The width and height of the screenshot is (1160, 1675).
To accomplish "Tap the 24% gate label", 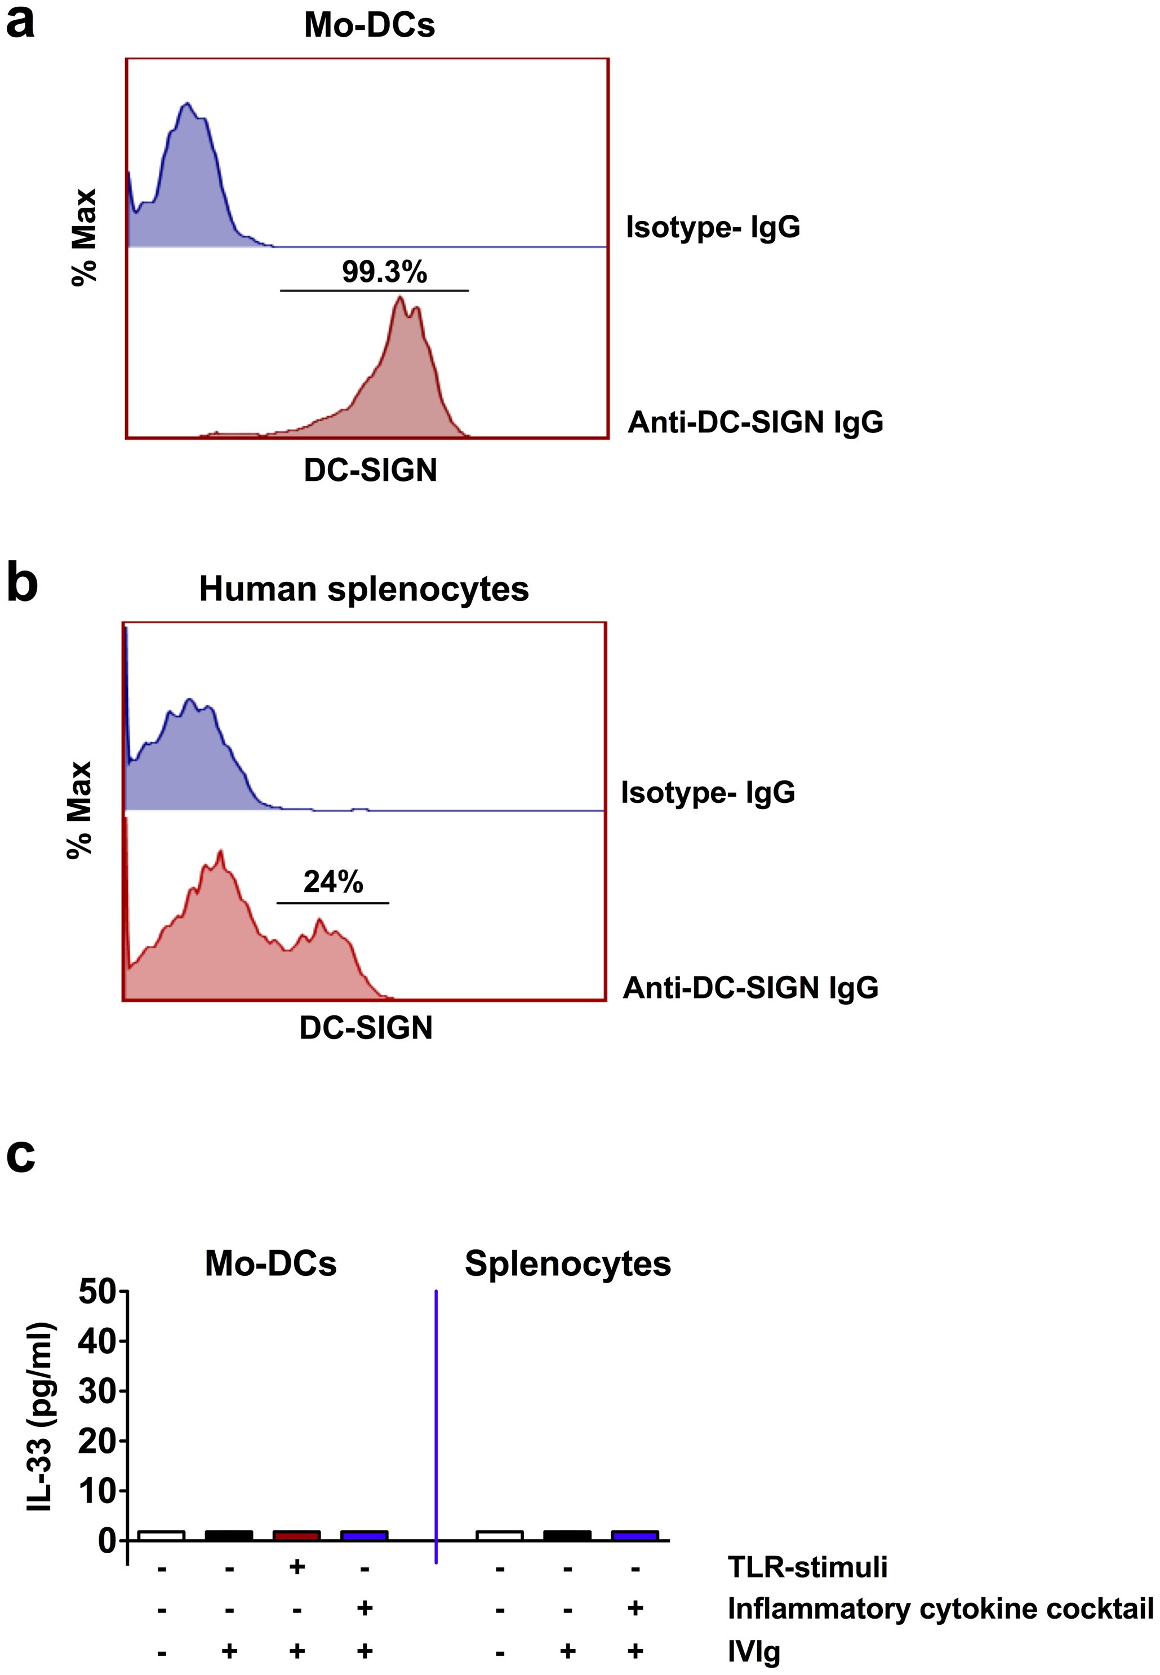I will [333, 882].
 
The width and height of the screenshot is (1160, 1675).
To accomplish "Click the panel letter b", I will [22, 584].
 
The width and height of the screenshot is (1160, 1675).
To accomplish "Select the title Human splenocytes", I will [363, 589].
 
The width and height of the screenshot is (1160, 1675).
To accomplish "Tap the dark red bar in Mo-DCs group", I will [296, 1535].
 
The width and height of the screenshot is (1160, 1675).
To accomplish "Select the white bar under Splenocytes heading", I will [499, 1535].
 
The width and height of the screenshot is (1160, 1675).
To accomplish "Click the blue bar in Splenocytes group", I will [634, 1535].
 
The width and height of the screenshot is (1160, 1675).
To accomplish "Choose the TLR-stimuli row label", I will [807, 1567].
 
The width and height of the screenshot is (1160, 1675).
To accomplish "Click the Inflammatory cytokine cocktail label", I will [940, 1608].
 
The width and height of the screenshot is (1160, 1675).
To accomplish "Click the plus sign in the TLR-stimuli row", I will [296, 1566].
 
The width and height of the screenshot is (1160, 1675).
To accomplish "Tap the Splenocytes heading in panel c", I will [568, 1263].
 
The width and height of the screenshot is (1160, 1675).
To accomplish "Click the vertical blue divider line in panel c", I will [435, 1418].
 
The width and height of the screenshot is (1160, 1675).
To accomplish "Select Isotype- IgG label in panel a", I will [713, 227].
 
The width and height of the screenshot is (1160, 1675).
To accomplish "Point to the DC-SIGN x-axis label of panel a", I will [370, 470].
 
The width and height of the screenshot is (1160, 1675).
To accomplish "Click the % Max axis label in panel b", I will [80, 810].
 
